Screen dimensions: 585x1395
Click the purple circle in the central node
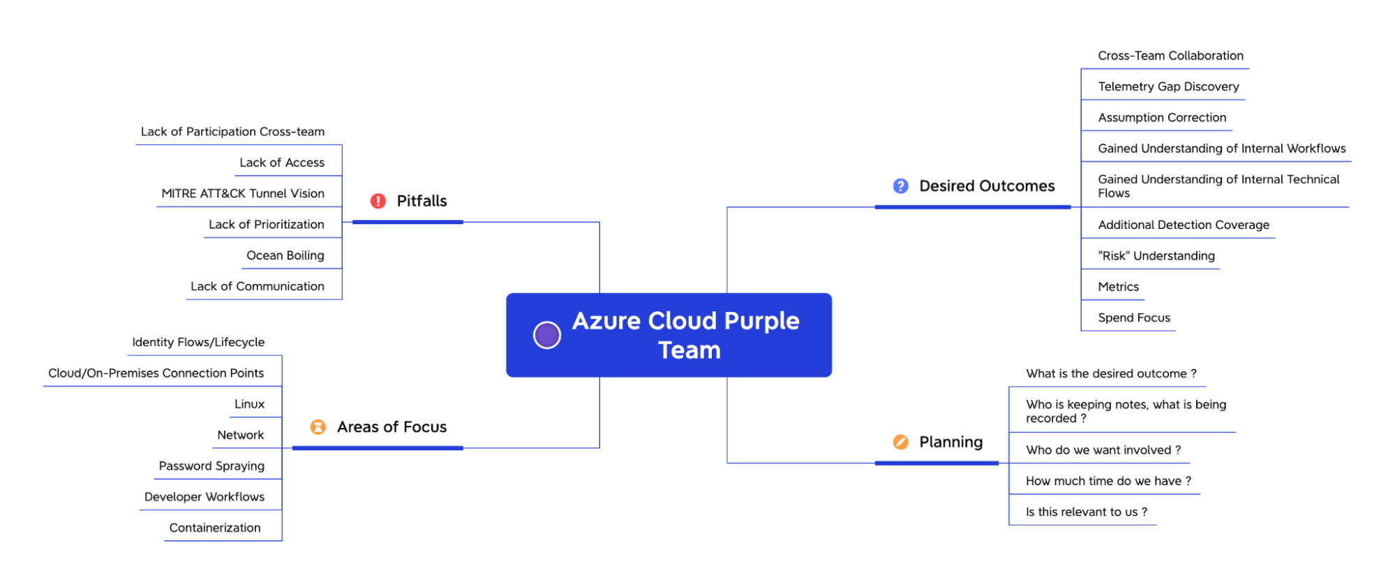tap(547, 335)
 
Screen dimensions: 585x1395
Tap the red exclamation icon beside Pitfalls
tap(378, 201)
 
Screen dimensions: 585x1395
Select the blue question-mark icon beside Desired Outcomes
tap(901, 186)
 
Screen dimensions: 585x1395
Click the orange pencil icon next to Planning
tap(901, 442)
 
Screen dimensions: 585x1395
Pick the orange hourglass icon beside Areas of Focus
tap(318, 427)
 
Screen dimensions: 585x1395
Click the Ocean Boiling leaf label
tap(285, 256)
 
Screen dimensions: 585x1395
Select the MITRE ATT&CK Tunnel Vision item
tap(243, 193)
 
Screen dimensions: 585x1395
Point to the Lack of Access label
tap(282, 163)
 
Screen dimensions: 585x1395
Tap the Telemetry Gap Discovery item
tap(1168, 87)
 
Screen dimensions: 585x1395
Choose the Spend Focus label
tap(1134, 318)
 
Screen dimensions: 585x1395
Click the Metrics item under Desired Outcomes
tap(1118, 287)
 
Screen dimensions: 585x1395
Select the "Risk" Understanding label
tap(1156, 256)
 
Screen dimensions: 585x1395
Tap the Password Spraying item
tap(211, 466)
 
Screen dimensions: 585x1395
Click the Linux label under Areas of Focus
tap(249, 404)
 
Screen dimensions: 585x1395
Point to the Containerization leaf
tap(215, 528)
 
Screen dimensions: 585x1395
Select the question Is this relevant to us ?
tap(1086, 512)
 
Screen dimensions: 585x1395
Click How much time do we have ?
tap(1108, 481)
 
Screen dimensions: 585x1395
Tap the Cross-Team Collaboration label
tap(1170, 56)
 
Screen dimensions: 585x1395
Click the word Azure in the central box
tap(606, 321)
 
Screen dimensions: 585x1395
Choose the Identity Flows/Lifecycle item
tap(198, 342)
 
